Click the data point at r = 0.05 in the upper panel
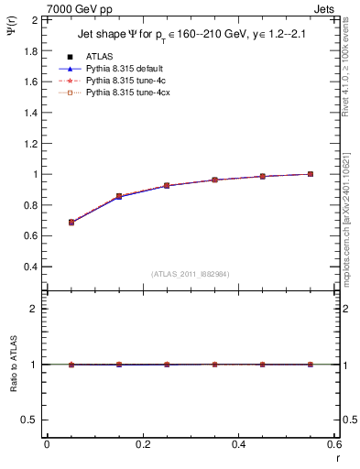(x=71, y=222)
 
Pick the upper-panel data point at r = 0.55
(x=311, y=174)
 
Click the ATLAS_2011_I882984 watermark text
(x=191, y=275)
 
